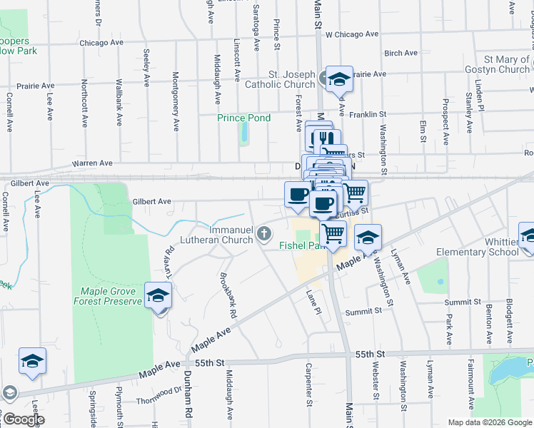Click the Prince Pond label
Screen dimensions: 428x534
click(244, 118)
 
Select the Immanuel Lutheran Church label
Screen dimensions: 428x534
click(231, 235)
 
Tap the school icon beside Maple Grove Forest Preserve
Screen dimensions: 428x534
click(158, 295)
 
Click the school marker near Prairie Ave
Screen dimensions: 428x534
click(339, 78)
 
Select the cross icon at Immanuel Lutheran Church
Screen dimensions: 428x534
click(264, 233)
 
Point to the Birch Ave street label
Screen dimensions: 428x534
click(400, 53)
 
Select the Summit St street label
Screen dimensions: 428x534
click(363, 312)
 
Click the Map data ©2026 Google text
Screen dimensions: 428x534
click(490, 422)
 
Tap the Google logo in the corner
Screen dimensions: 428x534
click(23, 419)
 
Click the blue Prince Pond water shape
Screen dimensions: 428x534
click(244, 132)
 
